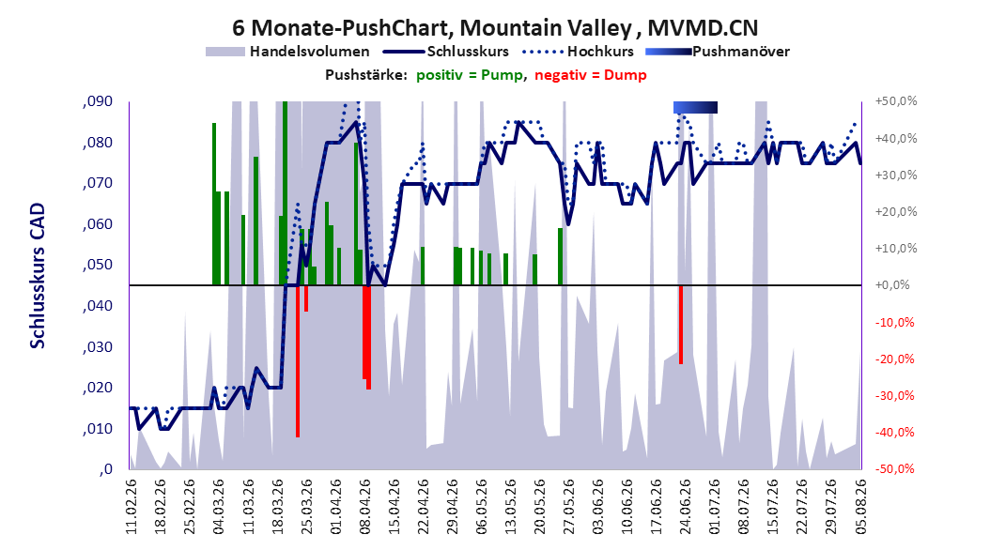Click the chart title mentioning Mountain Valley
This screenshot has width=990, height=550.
coord(495,28)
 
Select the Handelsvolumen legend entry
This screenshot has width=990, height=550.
coord(287,52)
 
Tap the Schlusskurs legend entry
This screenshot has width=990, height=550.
coord(446,52)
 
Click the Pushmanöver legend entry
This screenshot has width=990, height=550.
coord(718,52)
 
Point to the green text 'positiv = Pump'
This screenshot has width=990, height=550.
coord(470,75)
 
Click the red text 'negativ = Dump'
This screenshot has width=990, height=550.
coord(591,75)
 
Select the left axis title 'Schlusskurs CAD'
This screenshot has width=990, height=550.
coord(38,276)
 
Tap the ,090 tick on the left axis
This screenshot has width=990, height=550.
coord(98,101)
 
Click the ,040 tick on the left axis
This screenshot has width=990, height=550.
coord(98,306)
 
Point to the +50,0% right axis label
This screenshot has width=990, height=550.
coord(896,101)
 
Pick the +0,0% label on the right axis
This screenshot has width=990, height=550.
coord(892,285)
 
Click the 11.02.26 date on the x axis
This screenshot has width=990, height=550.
coord(131,507)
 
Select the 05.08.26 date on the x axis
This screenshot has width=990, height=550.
coord(861,507)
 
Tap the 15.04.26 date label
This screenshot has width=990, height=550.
coord(394,507)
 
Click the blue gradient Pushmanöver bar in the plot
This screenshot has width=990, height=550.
coord(695,107)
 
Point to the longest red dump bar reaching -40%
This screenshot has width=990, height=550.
coord(298,360)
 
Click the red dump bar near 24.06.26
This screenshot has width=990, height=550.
coord(681,325)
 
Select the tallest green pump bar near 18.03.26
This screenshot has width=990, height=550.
coord(285,193)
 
